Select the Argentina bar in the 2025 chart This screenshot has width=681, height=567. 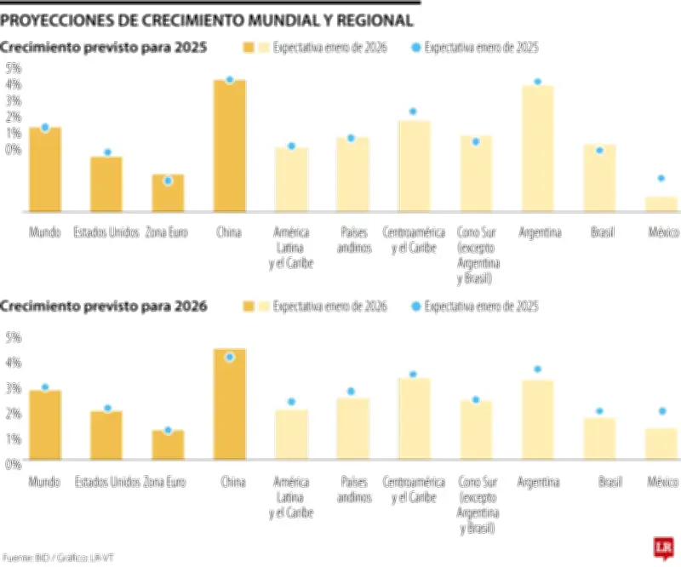click(x=536, y=148)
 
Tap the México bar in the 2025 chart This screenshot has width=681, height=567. click(x=661, y=203)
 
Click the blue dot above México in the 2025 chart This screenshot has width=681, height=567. click(x=661, y=179)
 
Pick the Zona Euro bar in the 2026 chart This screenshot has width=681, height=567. click(x=168, y=444)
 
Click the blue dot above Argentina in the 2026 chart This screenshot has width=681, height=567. click(x=537, y=369)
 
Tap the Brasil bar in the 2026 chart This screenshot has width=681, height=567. click(x=599, y=438)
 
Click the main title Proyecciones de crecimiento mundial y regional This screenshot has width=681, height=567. click(x=208, y=20)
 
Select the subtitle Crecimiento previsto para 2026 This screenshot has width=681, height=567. click(x=104, y=306)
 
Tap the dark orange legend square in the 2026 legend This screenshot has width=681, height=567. click(x=249, y=306)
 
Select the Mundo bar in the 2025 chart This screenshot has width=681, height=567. click(x=44, y=169)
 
